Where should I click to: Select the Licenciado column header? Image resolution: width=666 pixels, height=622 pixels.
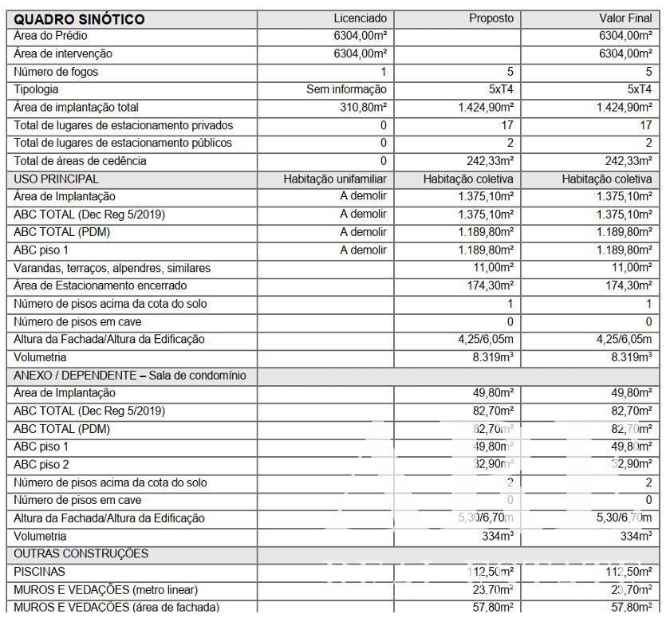(360, 18)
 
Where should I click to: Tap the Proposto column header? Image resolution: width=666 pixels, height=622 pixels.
(491, 18)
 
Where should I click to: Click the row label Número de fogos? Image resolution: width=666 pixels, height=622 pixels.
(56, 72)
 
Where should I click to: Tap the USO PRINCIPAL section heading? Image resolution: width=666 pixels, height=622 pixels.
(57, 179)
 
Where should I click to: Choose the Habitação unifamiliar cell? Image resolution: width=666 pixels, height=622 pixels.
(335, 179)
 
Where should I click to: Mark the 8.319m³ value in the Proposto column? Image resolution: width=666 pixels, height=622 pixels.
(493, 357)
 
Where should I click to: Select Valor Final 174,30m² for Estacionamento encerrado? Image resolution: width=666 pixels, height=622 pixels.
(624, 285)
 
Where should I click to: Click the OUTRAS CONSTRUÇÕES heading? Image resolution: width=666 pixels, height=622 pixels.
(81, 553)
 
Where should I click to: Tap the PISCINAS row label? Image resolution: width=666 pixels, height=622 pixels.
(40, 572)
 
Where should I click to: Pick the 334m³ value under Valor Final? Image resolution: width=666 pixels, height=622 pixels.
(636, 536)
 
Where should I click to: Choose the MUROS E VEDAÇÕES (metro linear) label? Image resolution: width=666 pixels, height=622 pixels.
(106, 590)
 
